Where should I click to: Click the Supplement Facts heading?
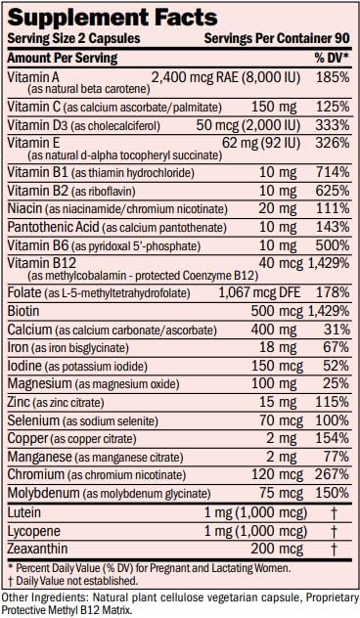point(112,17)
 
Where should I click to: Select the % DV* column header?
point(332,59)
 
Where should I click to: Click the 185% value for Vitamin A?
point(333,77)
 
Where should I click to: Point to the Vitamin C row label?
point(34,107)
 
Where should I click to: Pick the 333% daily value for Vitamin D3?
point(333,125)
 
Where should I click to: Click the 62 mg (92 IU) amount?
point(260,143)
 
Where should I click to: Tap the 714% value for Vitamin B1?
point(333,173)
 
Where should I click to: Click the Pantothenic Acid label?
point(53,227)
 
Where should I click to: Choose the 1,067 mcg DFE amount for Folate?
point(259,292)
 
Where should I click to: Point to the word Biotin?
point(23,311)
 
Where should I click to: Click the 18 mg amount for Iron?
point(278,348)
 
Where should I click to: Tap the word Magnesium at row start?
point(39,383)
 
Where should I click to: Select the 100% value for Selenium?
point(333,420)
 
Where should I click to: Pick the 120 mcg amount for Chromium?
point(277,474)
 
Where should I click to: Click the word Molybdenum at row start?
point(43,493)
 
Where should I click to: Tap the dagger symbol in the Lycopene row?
point(334,531)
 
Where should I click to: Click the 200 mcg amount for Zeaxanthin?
point(277,549)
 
